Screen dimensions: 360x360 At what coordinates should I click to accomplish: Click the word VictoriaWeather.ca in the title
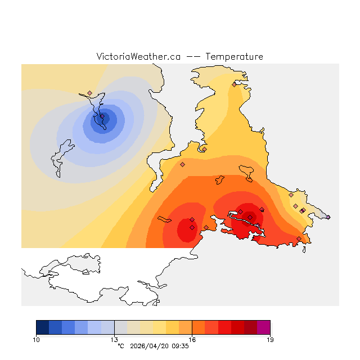(138, 57)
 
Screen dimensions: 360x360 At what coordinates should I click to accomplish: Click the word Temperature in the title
(234, 57)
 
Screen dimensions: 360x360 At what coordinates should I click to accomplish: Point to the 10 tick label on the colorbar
(36, 339)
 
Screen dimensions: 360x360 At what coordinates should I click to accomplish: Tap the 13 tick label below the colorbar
(114, 339)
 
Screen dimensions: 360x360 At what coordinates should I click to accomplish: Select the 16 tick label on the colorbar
(192, 339)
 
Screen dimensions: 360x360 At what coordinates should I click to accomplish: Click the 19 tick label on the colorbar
(270, 339)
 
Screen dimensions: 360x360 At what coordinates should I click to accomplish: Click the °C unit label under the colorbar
(120, 346)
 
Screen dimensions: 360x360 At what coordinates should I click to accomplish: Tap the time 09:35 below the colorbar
(180, 346)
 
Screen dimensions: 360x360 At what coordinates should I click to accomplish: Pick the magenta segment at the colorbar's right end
(263, 327)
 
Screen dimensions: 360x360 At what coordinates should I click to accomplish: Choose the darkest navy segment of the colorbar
(42, 327)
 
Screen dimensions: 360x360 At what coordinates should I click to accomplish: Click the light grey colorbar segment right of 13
(120, 327)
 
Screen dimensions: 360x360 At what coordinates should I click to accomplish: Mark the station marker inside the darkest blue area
(102, 117)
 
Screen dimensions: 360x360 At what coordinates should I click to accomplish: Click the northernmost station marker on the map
(234, 85)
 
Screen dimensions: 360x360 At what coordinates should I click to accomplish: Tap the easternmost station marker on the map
(328, 217)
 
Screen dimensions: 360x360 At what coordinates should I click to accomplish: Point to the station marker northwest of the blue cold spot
(89, 93)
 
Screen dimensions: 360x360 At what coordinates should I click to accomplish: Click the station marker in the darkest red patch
(250, 217)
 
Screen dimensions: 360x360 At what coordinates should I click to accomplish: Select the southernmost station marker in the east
(299, 238)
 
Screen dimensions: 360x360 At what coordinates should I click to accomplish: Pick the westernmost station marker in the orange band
(182, 164)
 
